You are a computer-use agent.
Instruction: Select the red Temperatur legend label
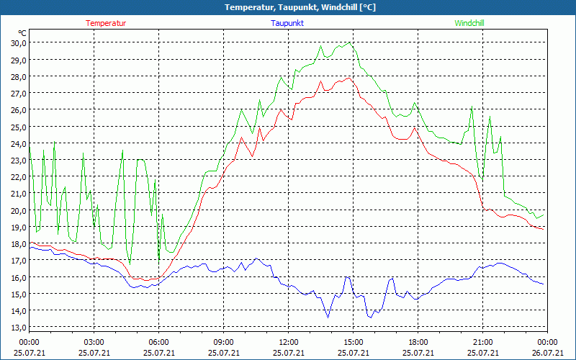pos(106,23)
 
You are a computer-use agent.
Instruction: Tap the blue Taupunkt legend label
pos(287,23)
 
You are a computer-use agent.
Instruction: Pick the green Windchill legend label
pos(469,23)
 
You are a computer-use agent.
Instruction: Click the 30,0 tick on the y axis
pos(19,42)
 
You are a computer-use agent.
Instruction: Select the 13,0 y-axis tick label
pos(19,328)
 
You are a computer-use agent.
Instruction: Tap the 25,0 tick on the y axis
pos(19,127)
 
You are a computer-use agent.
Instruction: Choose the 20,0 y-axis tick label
pos(19,210)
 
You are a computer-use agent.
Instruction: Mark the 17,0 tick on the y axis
pos(19,261)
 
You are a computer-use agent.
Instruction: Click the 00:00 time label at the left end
pos(29,342)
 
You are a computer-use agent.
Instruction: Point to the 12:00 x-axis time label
pos(288,342)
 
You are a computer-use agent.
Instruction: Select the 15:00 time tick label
pos(353,342)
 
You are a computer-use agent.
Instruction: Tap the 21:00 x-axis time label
pos(482,342)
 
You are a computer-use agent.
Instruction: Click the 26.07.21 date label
pos(547,353)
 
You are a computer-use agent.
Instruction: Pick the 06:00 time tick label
pos(158,342)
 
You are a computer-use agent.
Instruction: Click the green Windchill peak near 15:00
pos(350,42)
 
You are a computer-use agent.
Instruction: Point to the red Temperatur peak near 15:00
pos(348,78)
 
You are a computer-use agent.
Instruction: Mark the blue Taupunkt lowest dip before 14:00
pos(328,317)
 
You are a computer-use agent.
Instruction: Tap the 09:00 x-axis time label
pos(223,342)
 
